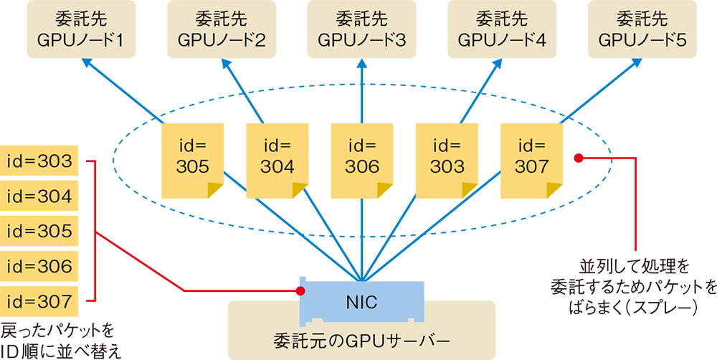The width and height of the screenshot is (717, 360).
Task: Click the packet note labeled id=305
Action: pos(193,159)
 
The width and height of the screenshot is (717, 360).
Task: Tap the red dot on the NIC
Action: pos(300,290)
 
